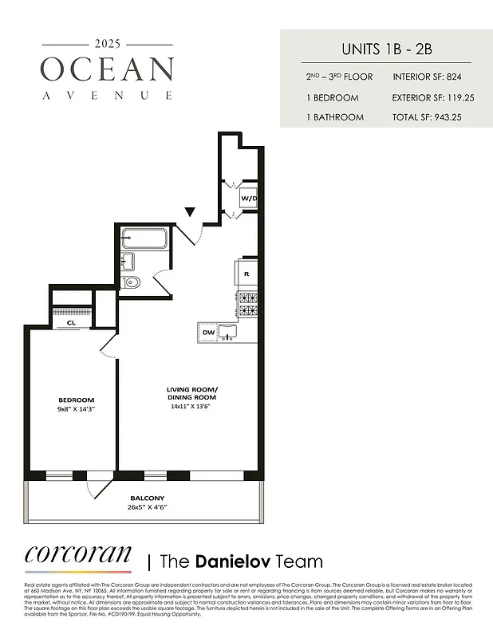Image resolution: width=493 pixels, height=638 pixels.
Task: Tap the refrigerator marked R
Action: point(246,274)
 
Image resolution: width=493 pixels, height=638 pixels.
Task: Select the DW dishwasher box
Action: point(208,332)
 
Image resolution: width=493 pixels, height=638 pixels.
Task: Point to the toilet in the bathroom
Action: point(133,282)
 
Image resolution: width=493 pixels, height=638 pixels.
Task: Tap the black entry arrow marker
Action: point(190,212)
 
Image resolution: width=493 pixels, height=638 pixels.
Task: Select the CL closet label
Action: point(71,323)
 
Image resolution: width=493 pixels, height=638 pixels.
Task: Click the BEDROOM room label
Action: point(76,400)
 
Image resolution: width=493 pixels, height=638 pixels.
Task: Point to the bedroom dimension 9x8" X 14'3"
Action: point(76,409)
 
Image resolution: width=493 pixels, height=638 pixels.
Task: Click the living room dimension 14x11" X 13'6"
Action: point(191,406)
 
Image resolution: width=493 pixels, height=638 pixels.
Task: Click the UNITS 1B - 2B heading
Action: point(385,49)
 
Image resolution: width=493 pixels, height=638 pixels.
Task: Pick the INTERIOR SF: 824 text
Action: point(428,77)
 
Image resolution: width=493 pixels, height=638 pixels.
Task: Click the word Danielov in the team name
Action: point(231,561)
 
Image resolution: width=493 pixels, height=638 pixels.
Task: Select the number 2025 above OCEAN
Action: point(107,43)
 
